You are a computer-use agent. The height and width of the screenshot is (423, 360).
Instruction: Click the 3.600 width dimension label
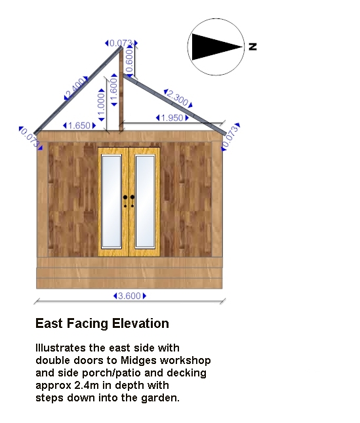[129, 296]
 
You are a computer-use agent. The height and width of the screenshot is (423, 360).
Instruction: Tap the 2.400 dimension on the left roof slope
[76, 89]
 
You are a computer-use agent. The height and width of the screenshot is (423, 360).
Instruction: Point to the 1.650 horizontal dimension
[79, 125]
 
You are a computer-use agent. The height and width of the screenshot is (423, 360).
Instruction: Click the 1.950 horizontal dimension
[172, 118]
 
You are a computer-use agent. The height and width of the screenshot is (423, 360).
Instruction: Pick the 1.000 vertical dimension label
[102, 105]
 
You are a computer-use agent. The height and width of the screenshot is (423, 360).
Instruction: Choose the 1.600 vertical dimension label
[114, 90]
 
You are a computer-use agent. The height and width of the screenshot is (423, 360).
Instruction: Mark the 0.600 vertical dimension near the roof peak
[129, 61]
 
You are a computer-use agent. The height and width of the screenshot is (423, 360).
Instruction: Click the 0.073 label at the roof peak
[121, 43]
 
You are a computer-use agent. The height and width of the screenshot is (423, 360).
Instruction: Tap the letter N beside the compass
[252, 47]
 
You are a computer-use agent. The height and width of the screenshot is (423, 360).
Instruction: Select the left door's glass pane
[111, 201]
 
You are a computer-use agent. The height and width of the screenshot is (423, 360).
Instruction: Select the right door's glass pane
[145, 201]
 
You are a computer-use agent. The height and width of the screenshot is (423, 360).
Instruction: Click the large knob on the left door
[125, 197]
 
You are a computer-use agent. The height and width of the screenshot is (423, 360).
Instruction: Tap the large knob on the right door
[132, 197]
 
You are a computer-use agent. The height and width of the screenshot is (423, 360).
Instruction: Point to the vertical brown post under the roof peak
[121, 89]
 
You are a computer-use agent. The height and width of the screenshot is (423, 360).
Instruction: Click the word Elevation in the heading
[140, 323]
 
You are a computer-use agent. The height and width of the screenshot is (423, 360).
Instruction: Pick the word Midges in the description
[138, 361]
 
